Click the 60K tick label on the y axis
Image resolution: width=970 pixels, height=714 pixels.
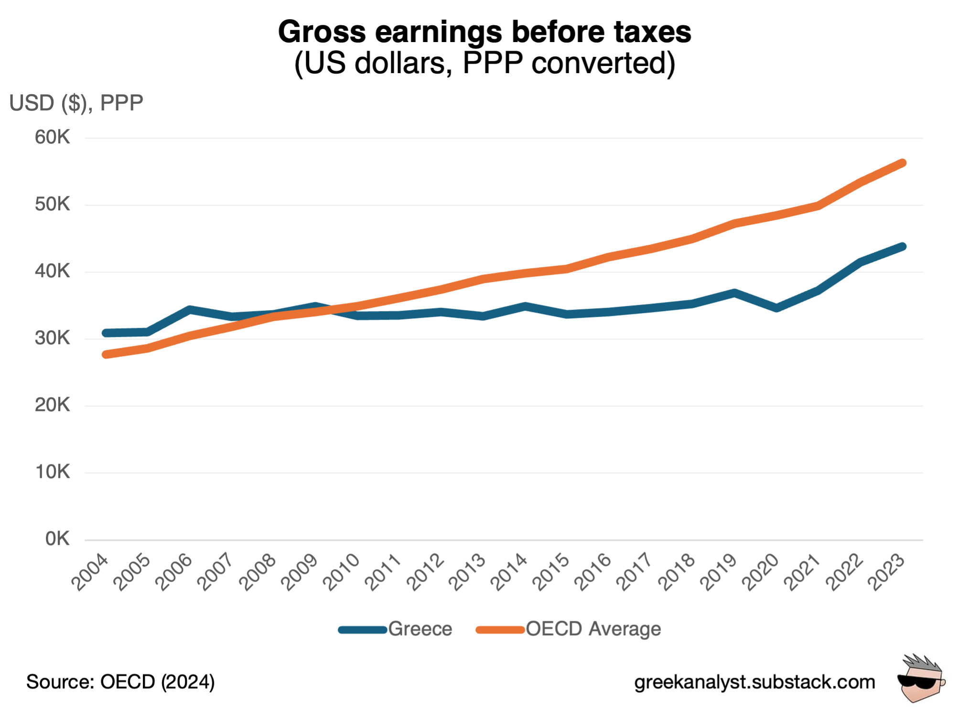(52, 138)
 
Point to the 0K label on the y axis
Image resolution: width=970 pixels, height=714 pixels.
(57, 539)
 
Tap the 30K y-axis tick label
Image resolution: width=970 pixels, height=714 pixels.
(52, 338)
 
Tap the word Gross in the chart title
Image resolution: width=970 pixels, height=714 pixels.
(322, 32)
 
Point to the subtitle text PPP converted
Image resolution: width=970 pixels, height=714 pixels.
(569, 63)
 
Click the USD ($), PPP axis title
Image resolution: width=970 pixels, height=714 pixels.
(76, 103)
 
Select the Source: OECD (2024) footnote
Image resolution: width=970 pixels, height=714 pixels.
(120, 682)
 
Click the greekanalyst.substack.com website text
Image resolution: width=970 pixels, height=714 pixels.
(754, 682)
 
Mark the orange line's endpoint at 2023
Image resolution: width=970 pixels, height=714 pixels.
(902, 163)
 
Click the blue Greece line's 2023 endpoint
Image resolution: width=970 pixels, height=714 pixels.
(902, 247)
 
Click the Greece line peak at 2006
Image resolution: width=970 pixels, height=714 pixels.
(190, 310)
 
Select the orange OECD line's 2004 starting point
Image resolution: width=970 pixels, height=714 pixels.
(106, 355)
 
